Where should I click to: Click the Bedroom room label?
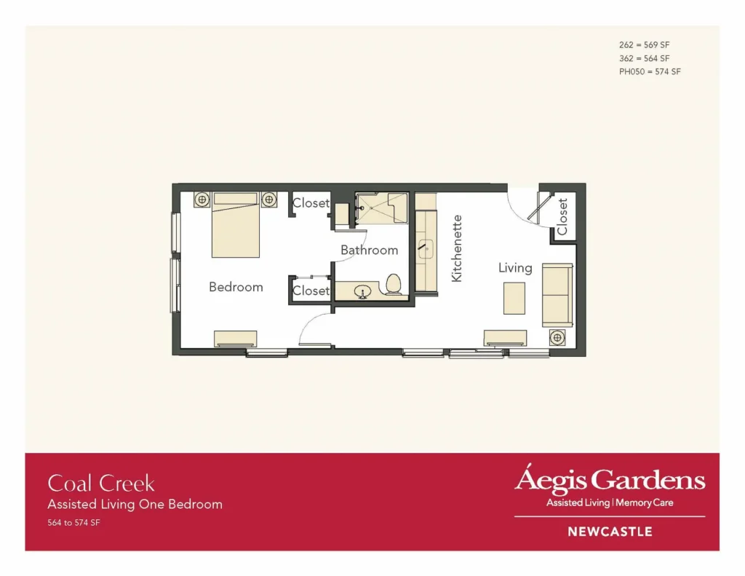(x=236, y=287)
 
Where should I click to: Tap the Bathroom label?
(x=369, y=250)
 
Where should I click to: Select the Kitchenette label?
(x=457, y=248)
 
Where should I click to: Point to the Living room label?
(x=515, y=268)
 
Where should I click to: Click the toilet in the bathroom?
(x=394, y=284)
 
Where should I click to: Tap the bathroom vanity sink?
(x=363, y=291)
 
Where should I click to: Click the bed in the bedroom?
(x=235, y=224)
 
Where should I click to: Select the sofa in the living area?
(x=557, y=295)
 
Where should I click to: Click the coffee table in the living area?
(x=514, y=299)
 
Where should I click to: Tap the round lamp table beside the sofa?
(x=557, y=338)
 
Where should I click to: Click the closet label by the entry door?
(x=562, y=216)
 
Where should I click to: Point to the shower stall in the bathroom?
(x=381, y=208)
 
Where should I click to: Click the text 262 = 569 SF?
(x=644, y=44)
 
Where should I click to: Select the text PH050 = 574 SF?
(x=650, y=71)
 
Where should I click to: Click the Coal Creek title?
(x=101, y=483)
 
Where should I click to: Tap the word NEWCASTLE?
(x=610, y=532)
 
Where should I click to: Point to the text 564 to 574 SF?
(x=73, y=522)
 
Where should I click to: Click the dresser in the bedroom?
(x=235, y=339)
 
